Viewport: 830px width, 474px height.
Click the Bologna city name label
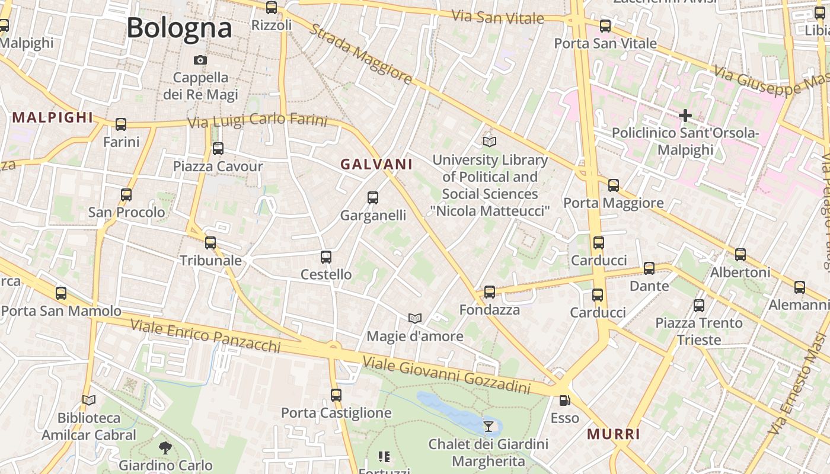pos(179,28)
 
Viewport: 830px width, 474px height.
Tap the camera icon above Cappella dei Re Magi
pos(200,60)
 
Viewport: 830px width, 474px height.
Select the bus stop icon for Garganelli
pos(373,198)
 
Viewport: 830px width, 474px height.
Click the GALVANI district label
pos(376,164)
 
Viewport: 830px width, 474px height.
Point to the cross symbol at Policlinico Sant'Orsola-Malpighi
pos(685,115)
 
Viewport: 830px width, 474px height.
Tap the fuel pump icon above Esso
pos(564,401)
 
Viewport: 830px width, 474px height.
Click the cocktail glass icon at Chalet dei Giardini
pos(488,426)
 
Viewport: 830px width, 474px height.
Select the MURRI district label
pos(614,434)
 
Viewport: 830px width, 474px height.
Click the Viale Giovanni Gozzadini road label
pos(446,374)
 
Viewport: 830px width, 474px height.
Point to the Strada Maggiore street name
pos(360,54)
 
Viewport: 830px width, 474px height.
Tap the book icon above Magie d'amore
pos(415,319)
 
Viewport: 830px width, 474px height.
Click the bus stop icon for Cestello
pos(326,257)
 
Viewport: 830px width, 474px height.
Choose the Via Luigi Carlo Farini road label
pos(257,120)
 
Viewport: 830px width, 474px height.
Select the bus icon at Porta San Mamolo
pos(61,293)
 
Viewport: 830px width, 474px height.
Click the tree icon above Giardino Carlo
pos(165,448)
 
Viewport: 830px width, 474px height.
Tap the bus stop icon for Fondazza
pos(490,292)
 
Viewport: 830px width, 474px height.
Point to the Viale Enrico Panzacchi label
pos(205,336)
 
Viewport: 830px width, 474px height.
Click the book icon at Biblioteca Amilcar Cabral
pos(89,401)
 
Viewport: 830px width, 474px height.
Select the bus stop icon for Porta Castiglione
pos(336,395)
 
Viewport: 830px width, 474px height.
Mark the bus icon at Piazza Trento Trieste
pos(699,306)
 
